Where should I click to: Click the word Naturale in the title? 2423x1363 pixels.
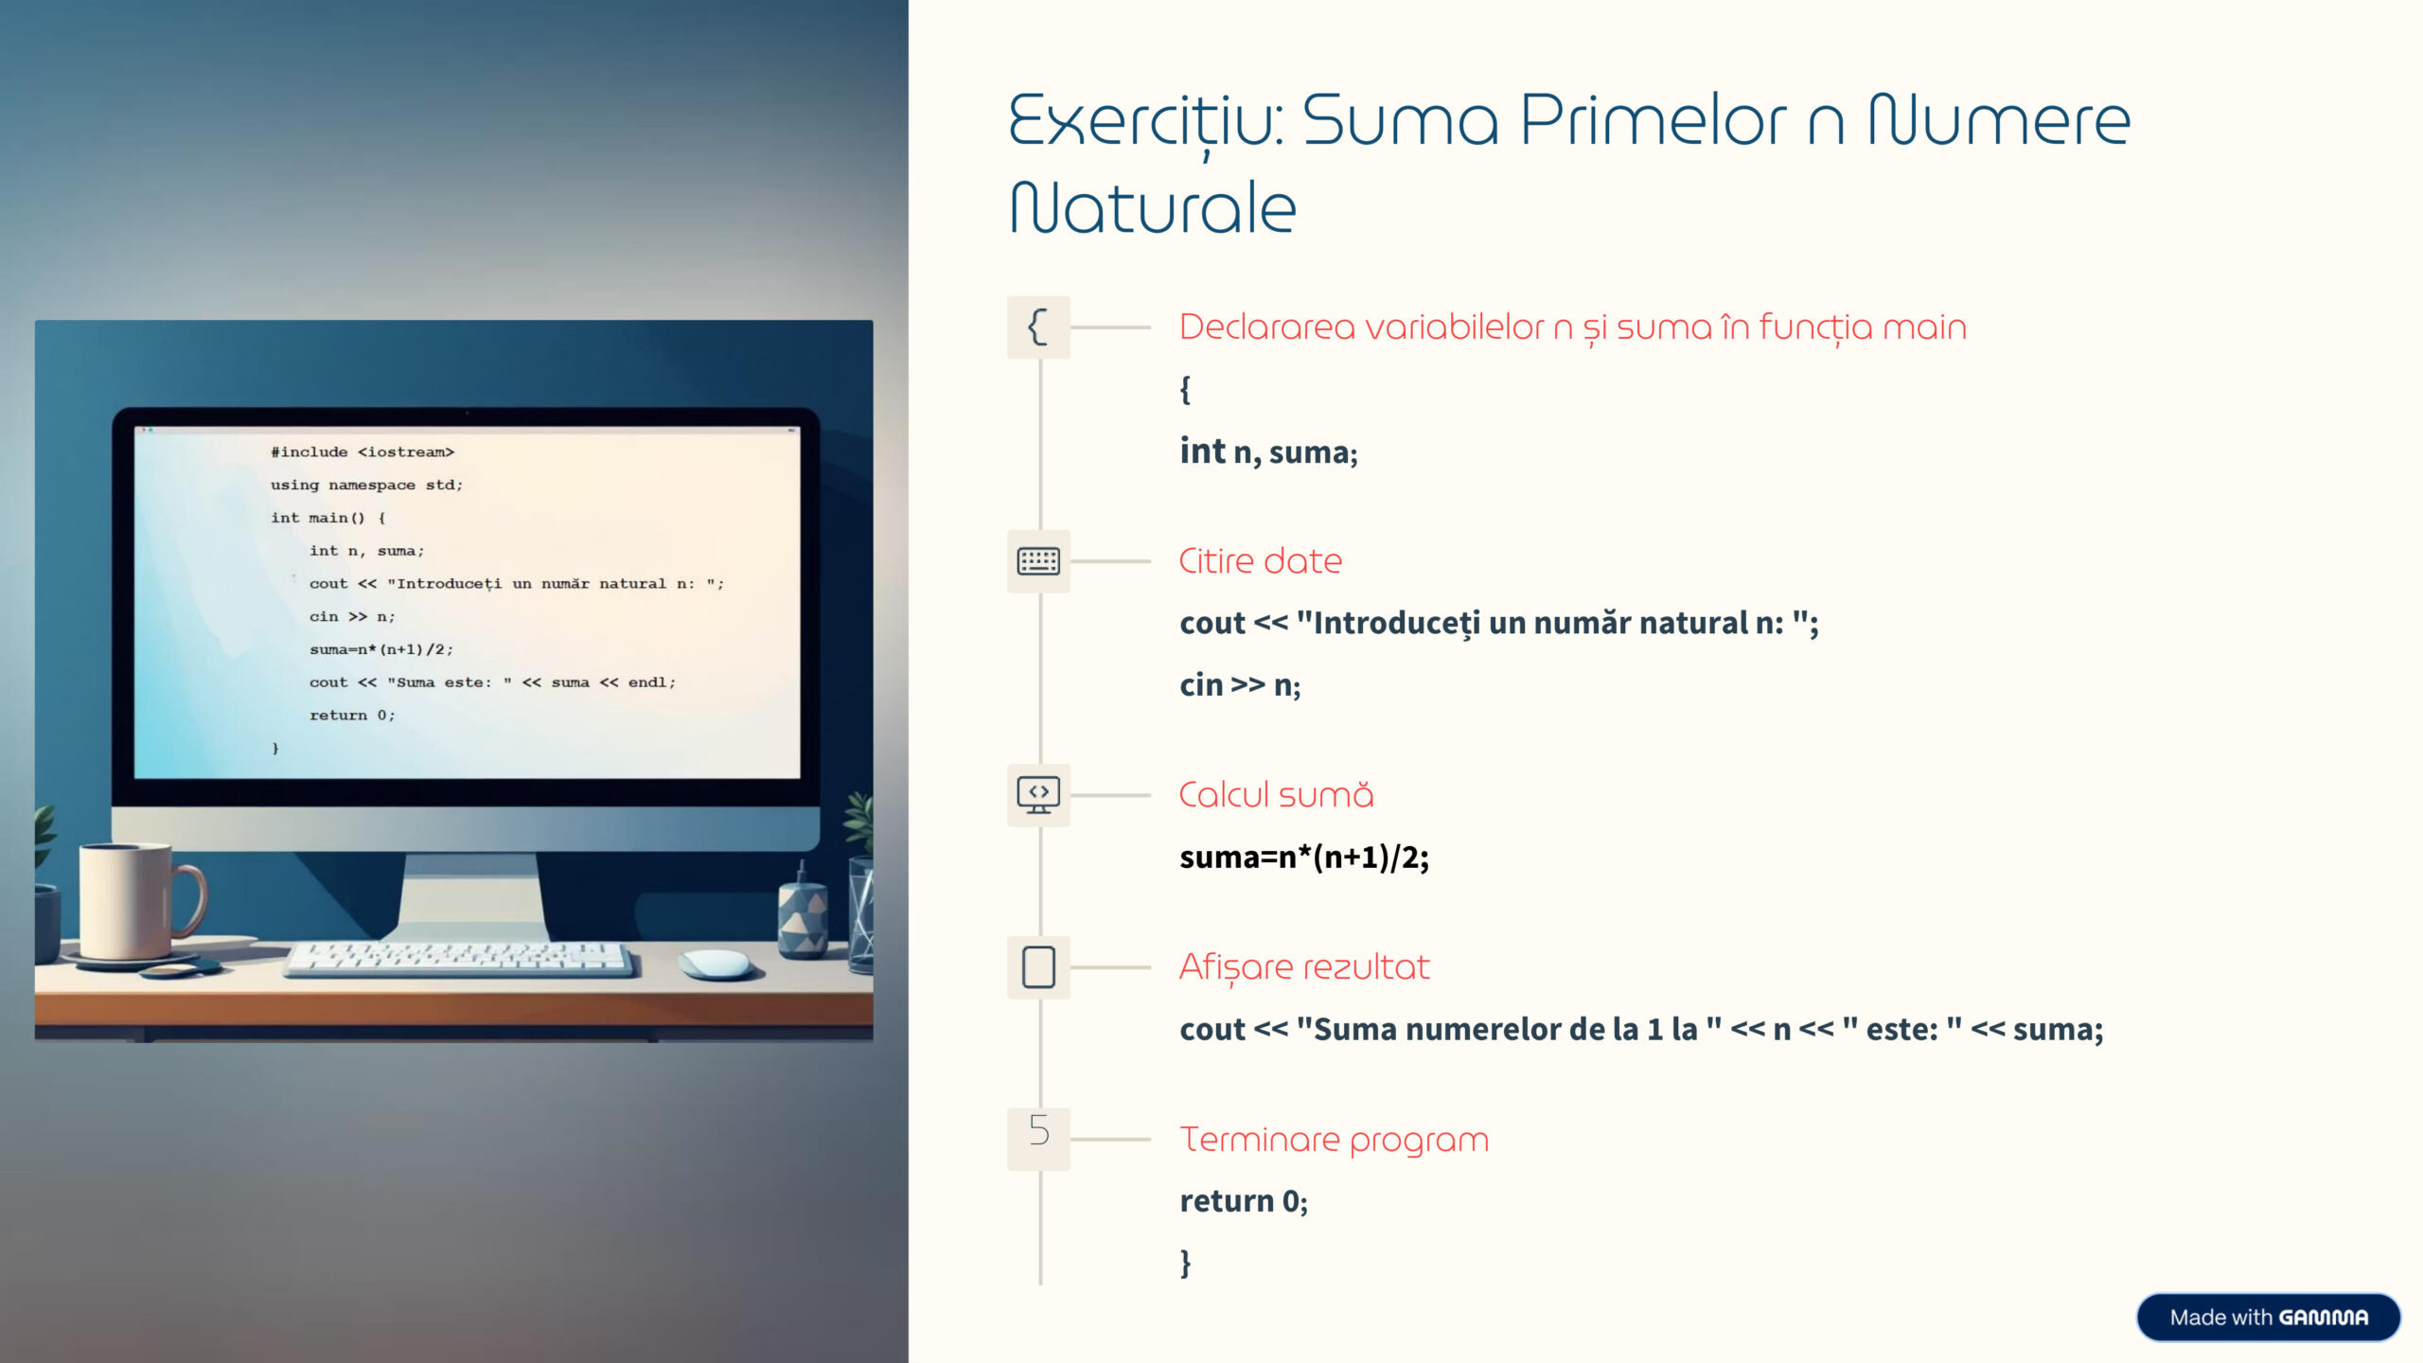click(x=1153, y=207)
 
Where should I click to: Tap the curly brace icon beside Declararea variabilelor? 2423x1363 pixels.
click(x=1038, y=327)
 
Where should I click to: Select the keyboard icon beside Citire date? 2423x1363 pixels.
click(x=1038, y=561)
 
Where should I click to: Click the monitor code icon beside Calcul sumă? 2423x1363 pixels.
click(x=1038, y=795)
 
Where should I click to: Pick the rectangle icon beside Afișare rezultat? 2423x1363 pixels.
click(x=1038, y=967)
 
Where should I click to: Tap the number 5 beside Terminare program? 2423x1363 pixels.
click(x=1039, y=1130)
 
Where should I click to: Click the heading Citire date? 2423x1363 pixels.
click(x=1261, y=561)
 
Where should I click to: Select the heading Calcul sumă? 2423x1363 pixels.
click(x=1276, y=795)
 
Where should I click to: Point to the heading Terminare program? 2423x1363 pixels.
click(x=1334, y=1140)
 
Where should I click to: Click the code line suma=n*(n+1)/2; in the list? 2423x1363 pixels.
click(x=1304, y=858)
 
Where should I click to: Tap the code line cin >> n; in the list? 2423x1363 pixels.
click(x=1240, y=684)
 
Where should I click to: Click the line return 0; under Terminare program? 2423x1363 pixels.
click(x=1244, y=1201)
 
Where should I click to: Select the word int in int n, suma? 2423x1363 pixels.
click(x=1202, y=451)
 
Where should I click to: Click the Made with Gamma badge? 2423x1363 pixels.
click(x=2269, y=1318)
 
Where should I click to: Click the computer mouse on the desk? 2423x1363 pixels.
click(x=717, y=964)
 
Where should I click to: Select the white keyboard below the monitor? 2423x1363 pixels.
click(x=459, y=959)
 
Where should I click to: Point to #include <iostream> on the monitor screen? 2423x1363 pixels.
click(x=363, y=452)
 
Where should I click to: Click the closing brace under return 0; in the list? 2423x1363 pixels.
click(x=1185, y=1264)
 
